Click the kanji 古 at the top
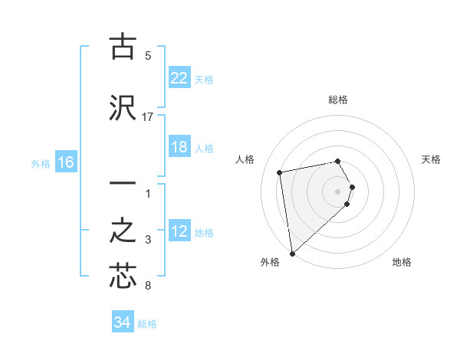[x=123, y=47]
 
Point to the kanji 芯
[x=123, y=276]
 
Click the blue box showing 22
[x=179, y=77]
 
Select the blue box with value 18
[x=179, y=147]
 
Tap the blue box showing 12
[x=179, y=231]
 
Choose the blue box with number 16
[x=65, y=162]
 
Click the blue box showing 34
[x=122, y=322]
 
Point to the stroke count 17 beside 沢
[x=148, y=116]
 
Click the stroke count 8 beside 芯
[x=148, y=286]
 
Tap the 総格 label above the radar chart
[x=338, y=100]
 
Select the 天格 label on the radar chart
[x=432, y=159]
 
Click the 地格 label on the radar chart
[x=402, y=262]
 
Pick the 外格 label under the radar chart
[x=270, y=262]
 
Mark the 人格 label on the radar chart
[x=245, y=159]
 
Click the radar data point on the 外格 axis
[x=291, y=253]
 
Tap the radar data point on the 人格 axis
[x=280, y=172]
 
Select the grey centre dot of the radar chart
[x=338, y=191]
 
